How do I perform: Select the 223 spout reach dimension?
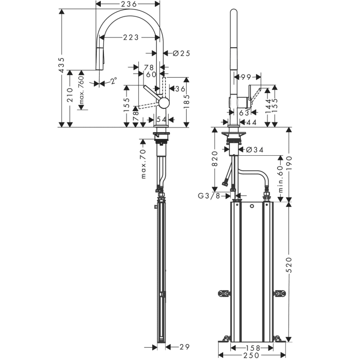pos(130,38)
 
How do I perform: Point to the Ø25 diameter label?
pos(178,53)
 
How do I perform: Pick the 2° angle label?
pos(113,81)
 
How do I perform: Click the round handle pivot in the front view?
pos(164,103)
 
